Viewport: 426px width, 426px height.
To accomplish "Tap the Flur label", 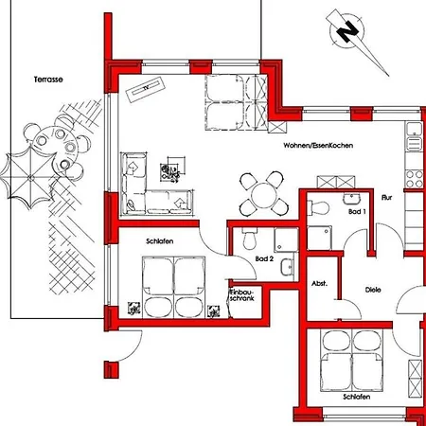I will [x=386, y=199].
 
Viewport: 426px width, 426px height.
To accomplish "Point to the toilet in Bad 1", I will [x=319, y=207].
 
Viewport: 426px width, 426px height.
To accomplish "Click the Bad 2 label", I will [x=265, y=258].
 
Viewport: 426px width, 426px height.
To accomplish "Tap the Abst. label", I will [x=320, y=284].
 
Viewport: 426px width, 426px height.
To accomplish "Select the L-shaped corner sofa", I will [x=151, y=186].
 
